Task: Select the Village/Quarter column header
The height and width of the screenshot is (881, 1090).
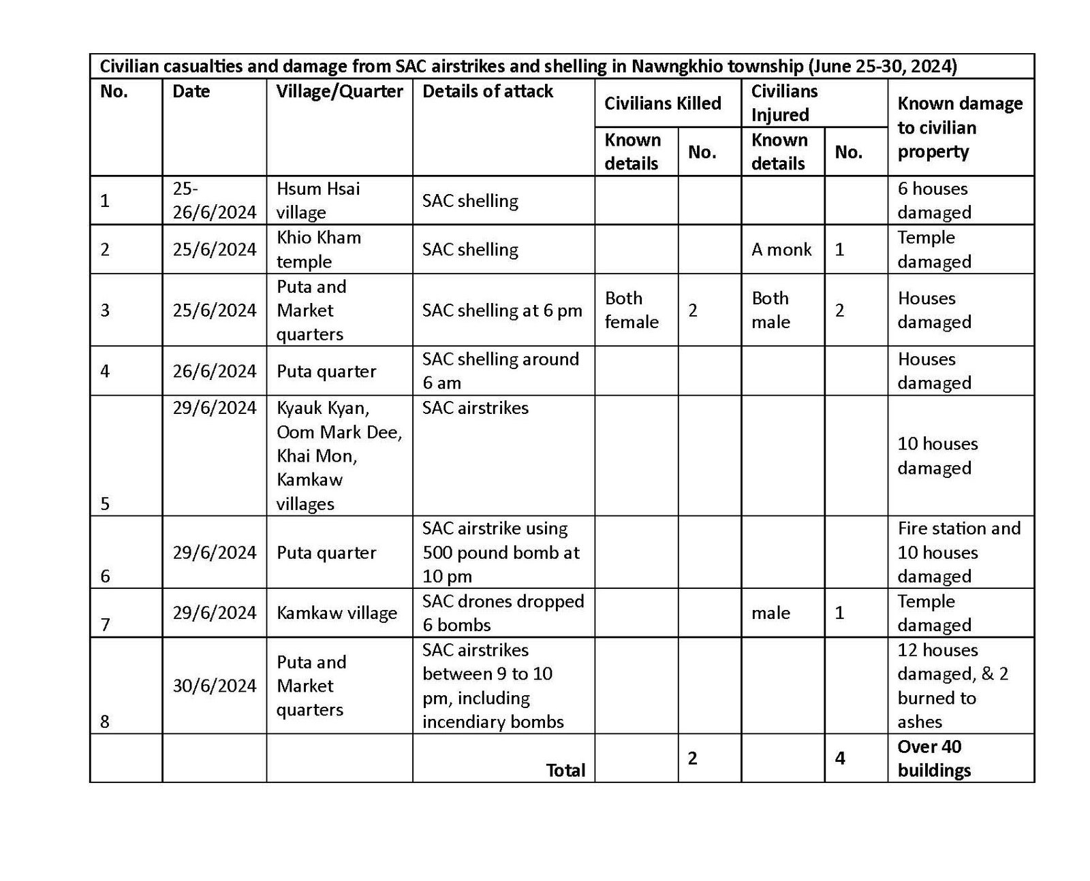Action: pyautogui.click(x=339, y=91)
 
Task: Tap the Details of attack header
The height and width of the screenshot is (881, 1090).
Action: pyautogui.click(x=488, y=91)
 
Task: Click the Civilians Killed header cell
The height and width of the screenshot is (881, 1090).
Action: pyautogui.click(x=662, y=103)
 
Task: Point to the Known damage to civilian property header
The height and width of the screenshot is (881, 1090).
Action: pyautogui.click(x=959, y=127)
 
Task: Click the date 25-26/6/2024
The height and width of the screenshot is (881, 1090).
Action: pyautogui.click(x=214, y=200)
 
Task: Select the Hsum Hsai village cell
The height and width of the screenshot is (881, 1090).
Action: pyautogui.click(x=318, y=200)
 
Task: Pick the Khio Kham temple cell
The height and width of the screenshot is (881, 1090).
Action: pyautogui.click(x=318, y=249)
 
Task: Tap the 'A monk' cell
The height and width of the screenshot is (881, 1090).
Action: pyautogui.click(x=781, y=249)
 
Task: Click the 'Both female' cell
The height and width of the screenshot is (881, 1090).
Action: pyautogui.click(x=632, y=310)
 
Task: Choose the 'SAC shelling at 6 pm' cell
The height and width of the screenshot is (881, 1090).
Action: pyautogui.click(x=502, y=310)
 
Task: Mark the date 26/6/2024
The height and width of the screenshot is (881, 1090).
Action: pyautogui.click(x=214, y=371)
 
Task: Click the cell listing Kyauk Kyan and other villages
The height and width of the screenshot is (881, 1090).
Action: pyautogui.click(x=339, y=455)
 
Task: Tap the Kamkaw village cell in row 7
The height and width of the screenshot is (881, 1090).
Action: pyautogui.click(x=337, y=613)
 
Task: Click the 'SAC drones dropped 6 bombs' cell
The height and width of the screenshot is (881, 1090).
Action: pyautogui.click(x=503, y=613)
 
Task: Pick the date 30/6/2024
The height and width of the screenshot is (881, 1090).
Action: pyautogui.click(x=214, y=686)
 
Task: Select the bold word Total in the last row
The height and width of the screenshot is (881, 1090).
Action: pyautogui.click(x=565, y=770)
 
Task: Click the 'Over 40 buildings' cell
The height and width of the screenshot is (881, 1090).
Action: pyautogui.click(x=934, y=758)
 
